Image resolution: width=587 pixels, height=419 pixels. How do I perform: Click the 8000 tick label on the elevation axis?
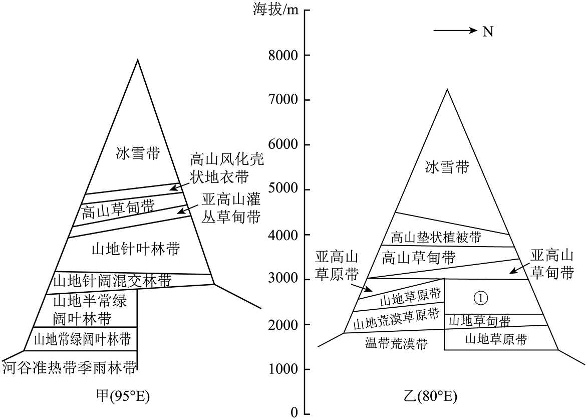click(283, 55)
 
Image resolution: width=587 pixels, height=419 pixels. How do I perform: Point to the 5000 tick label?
click(283, 189)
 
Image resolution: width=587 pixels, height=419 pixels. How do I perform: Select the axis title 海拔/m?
click(275, 10)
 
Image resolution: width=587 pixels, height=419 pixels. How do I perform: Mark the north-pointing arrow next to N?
click(455, 31)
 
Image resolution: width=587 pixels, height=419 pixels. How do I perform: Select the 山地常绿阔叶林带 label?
click(82, 340)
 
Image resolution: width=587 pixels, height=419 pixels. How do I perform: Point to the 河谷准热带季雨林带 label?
click(70, 368)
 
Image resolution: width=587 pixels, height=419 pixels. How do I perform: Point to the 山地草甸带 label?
click(479, 321)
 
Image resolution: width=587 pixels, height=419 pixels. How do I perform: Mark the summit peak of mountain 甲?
click(138, 60)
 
